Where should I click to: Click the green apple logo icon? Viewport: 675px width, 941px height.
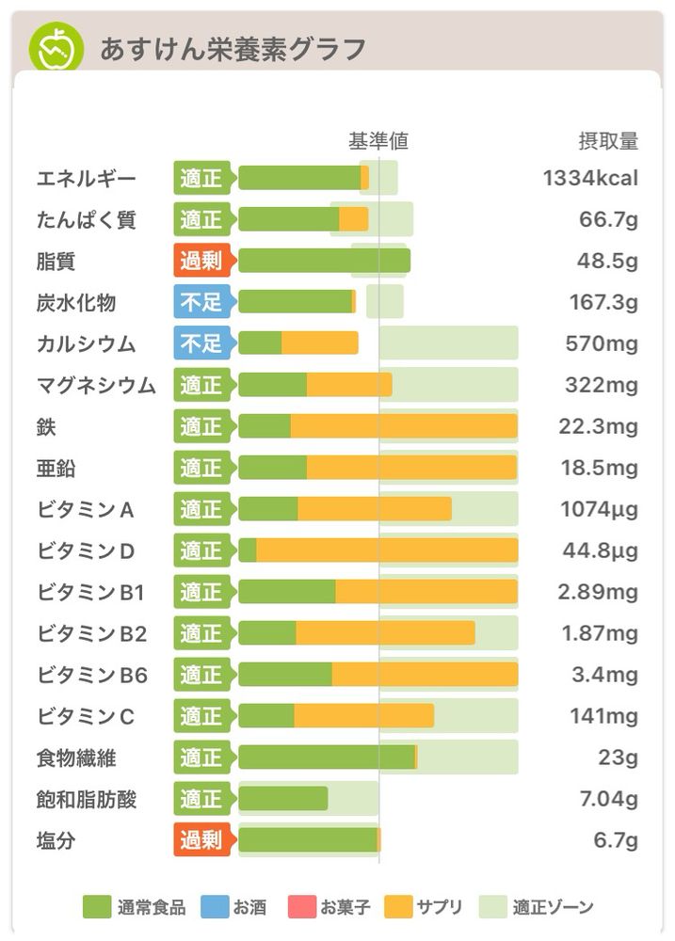pos(56,47)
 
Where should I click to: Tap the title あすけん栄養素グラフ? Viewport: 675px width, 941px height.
pos(233,48)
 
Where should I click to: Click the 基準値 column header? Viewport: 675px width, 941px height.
pos(378,142)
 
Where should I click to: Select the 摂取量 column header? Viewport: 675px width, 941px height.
pos(607,142)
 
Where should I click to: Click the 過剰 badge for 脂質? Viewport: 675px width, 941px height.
pos(201,261)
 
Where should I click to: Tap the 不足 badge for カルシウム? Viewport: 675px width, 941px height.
pos(201,343)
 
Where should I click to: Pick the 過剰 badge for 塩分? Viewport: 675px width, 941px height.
pos(201,840)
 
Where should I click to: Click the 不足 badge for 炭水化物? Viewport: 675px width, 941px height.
pos(201,302)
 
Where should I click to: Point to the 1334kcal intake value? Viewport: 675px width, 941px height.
pos(590,178)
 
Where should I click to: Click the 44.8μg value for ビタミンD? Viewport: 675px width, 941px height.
pos(598,550)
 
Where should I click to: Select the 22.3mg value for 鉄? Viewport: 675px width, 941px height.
pos(598,426)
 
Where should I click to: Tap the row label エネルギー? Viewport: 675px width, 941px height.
pos(86,178)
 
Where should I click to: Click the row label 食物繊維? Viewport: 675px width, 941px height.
pos(76,758)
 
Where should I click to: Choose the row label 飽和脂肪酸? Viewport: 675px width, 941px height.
pos(87,799)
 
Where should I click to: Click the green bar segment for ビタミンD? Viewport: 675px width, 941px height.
pos(248,550)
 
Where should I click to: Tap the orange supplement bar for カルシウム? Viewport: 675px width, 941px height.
pos(320,343)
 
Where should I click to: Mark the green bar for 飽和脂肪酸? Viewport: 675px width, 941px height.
pos(282,799)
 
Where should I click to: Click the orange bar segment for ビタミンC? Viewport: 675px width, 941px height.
pos(364,716)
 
